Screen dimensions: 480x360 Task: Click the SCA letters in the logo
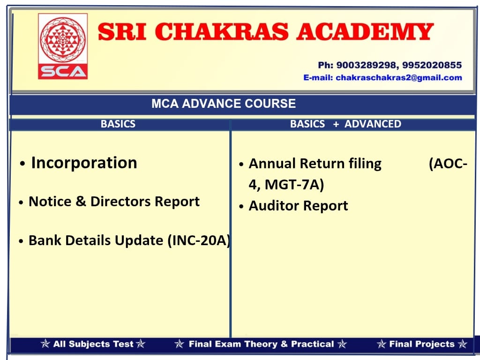pos(63,72)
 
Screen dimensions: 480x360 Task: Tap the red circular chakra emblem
pos(63,39)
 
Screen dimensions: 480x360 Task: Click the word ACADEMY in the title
pos(365,32)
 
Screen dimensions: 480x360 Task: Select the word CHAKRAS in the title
pos(224,32)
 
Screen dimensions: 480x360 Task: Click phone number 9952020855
pos(432,65)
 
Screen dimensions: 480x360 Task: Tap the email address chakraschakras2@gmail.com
pos(399,78)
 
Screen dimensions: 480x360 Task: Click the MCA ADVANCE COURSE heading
pos(224,104)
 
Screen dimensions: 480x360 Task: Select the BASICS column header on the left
pos(118,124)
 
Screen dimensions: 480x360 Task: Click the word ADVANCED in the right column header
pos(373,124)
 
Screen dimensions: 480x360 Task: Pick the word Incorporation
pos(84,163)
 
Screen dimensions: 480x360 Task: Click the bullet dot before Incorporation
pos(22,164)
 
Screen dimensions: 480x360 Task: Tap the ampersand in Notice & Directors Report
pos(81,202)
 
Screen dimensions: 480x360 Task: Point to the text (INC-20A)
pos(199,240)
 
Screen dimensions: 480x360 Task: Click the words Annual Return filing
pos(315,164)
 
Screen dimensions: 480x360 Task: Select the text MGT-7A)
pos(294,185)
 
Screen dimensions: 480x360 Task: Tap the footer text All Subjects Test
pos(93,344)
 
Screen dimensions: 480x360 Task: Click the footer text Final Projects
pos(422,344)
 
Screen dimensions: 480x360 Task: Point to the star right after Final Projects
pos(463,344)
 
